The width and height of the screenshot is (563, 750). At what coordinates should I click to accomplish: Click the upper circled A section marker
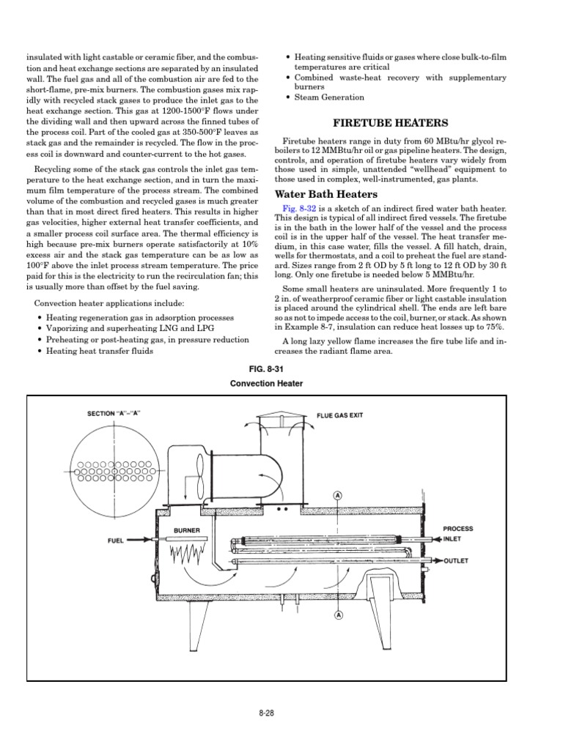338,494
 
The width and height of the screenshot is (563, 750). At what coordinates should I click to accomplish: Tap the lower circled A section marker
338,615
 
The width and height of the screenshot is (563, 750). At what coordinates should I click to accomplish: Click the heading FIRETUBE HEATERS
390,123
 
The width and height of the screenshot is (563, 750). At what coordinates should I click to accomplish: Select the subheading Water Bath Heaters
325,194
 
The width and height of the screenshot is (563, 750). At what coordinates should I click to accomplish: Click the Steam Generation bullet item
329,97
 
